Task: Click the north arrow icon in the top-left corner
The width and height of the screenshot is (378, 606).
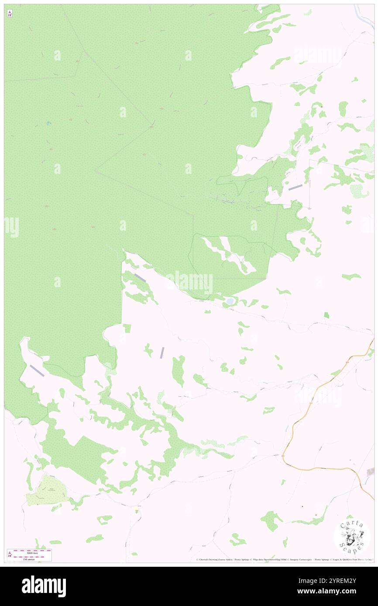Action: click(10, 14)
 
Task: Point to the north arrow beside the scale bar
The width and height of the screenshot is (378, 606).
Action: click(10, 555)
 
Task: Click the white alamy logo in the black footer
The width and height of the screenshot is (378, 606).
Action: click(44, 586)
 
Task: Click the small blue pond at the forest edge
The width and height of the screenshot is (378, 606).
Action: click(230, 301)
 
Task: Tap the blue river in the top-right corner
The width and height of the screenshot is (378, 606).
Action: click(363, 16)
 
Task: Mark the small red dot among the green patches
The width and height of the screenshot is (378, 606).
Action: click(322, 107)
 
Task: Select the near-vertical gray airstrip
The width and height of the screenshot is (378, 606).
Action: click(162, 352)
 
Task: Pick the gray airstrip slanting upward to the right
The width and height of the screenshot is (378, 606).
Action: click(296, 187)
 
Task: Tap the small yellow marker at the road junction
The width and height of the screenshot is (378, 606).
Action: click(137, 511)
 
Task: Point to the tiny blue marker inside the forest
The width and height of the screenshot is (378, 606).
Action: click(48, 123)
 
